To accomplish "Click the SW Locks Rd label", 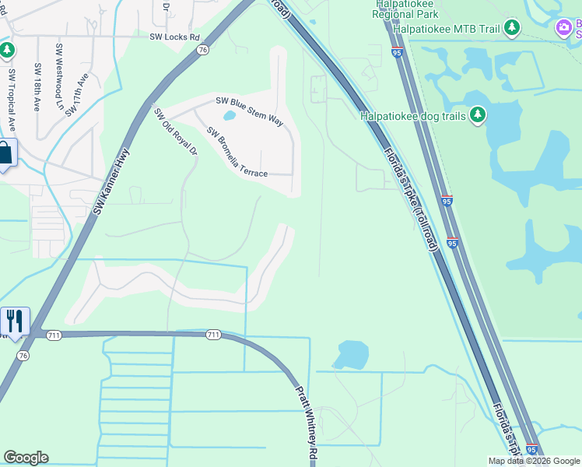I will click(174, 37).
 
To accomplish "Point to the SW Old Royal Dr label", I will click(176, 131).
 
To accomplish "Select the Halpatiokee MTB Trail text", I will click(446, 29).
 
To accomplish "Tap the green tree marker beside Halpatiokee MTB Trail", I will click(511, 29).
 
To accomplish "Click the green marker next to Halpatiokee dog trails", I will click(477, 116).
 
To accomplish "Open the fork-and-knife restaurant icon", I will click(14, 321).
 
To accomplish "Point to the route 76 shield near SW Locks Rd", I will click(202, 49).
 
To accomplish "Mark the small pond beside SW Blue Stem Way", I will click(230, 117).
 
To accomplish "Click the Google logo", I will click(26, 458).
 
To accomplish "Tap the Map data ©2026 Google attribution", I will click(533, 461).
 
